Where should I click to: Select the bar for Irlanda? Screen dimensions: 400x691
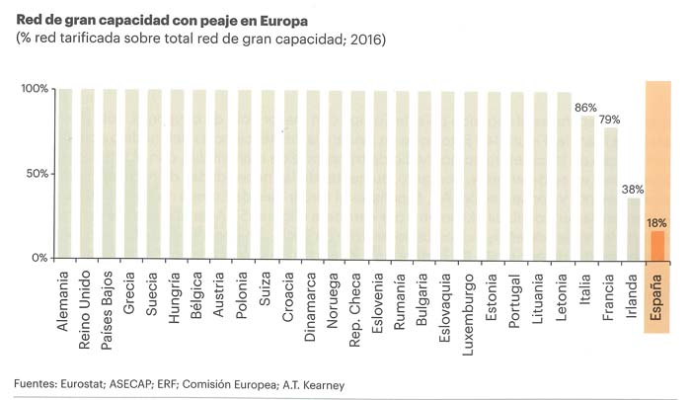(633, 227)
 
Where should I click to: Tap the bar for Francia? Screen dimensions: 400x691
(611, 193)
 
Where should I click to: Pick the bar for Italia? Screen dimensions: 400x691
(588, 187)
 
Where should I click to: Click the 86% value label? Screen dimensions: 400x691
(587, 107)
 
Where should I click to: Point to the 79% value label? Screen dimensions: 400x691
(612, 120)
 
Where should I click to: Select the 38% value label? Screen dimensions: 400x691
(634, 189)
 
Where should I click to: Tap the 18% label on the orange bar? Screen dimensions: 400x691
(656, 222)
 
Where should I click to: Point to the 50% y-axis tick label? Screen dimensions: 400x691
(37, 173)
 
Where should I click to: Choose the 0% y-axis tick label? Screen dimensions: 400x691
(39, 258)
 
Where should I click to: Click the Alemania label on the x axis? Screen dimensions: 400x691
(64, 302)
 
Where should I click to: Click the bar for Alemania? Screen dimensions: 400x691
(65, 173)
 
